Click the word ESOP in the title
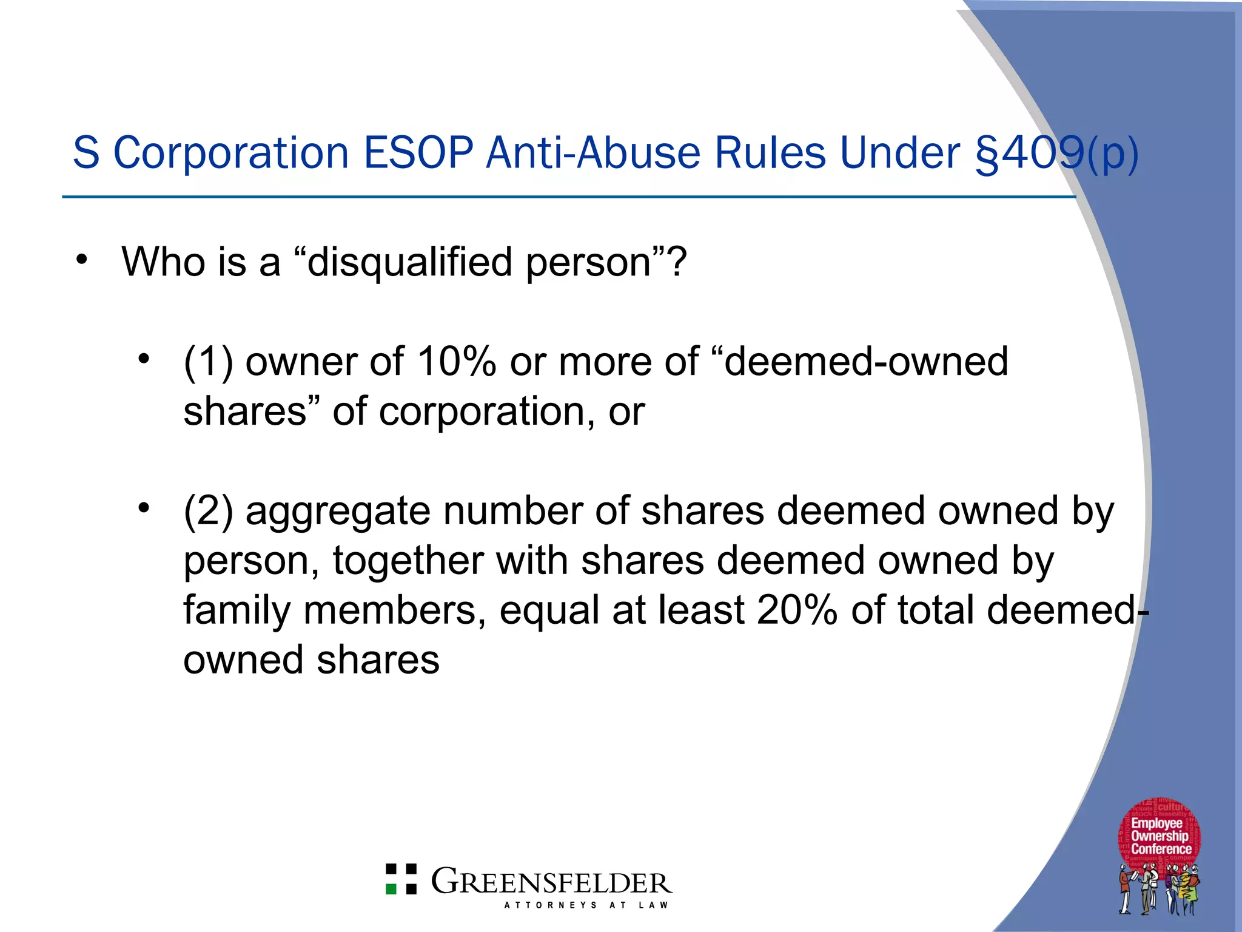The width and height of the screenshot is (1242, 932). pyautogui.click(x=418, y=152)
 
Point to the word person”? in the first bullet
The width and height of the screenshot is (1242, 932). pyautogui.click(x=606, y=262)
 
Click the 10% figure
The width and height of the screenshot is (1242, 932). pyautogui.click(x=456, y=362)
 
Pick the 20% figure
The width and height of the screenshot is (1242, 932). pyautogui.click(x=797, y=610)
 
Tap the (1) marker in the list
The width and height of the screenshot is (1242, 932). pyautogui.click(x=208, y=362)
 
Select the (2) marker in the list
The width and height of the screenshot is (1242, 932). pyautogui.click(x=208, y=512)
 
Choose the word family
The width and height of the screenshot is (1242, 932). pyautogui.click(x=237, y=610)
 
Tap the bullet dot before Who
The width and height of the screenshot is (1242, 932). pyautogui.click(x=82, y=260)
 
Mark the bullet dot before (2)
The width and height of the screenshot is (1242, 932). pyautogui.click(x=143, y=507)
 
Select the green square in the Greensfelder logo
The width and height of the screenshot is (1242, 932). pyautogui.click(x=392, y=889)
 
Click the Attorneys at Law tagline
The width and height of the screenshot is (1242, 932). pyautogui.click(x=586, y=905)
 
